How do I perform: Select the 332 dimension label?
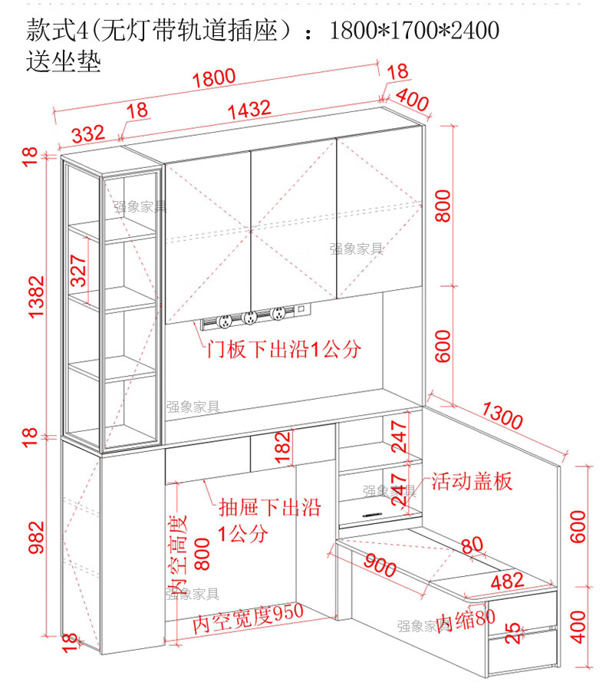click(x=88, y=135)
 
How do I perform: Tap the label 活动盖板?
click(x=471, y=482)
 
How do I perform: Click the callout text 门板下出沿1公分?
click(x=283, y=351)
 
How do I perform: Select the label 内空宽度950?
click(x=248, y=618)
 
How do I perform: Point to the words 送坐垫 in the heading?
click(x=63, y=61)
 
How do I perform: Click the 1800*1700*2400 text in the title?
click(x=413, y=31)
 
